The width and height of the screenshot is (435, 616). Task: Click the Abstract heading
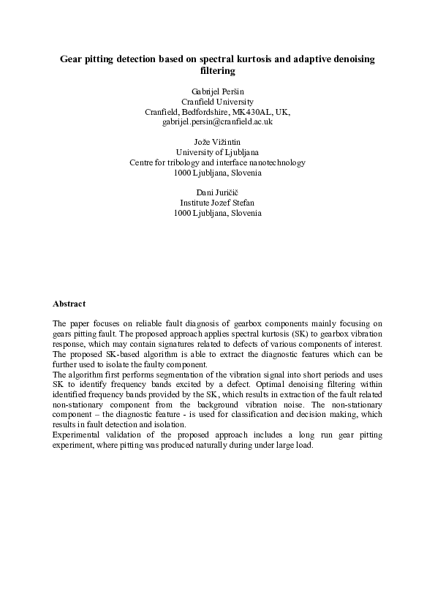[69, 303]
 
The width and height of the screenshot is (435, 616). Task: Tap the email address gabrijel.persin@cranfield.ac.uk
[217, 122]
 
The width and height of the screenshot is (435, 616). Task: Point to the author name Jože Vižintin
[217, 142]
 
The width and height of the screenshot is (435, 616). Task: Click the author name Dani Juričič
[217, 192]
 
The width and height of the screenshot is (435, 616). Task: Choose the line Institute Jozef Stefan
[217, 203]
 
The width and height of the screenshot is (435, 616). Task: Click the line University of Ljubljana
[217, 152]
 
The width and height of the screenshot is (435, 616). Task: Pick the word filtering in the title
[217, 72]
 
